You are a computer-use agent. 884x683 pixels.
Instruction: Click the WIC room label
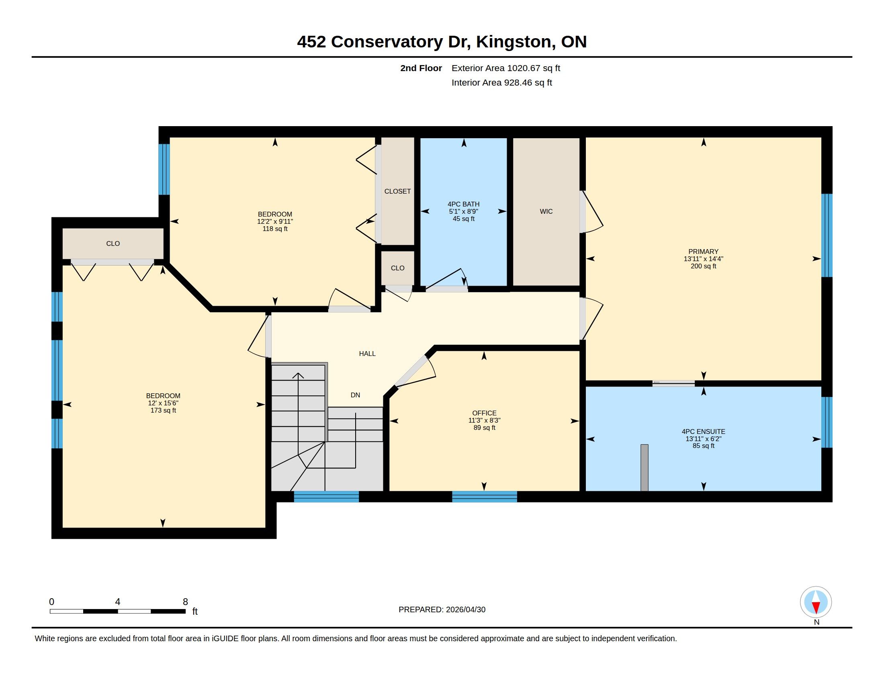[546, 211]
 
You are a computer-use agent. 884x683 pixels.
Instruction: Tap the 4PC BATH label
[463, 204]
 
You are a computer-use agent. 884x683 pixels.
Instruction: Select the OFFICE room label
[484, 413]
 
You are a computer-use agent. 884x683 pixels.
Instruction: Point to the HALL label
[367, 354]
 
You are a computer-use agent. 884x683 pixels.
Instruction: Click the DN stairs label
[355, 395]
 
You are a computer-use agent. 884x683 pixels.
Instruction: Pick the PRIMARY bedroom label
[704, 251]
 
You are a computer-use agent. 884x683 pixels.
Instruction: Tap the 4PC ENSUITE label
[704, 431]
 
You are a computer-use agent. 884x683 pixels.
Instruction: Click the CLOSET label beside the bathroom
[397, 191]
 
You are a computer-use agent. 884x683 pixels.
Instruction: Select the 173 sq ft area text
[163, 410]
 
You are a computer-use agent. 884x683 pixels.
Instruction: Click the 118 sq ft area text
[275, 229]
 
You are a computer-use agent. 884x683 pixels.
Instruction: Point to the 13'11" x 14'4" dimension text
[704, 259]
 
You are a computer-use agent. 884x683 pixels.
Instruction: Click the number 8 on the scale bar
[185, 602]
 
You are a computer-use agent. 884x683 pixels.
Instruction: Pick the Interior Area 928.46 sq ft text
[501, 82]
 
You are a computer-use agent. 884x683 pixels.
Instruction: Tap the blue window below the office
[485, 497]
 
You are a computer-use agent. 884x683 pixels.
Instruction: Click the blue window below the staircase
[326, 497]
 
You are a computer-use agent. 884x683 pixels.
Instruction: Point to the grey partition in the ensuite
[645, 468]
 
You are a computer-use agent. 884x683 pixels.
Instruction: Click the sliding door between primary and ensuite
[673, 383]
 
